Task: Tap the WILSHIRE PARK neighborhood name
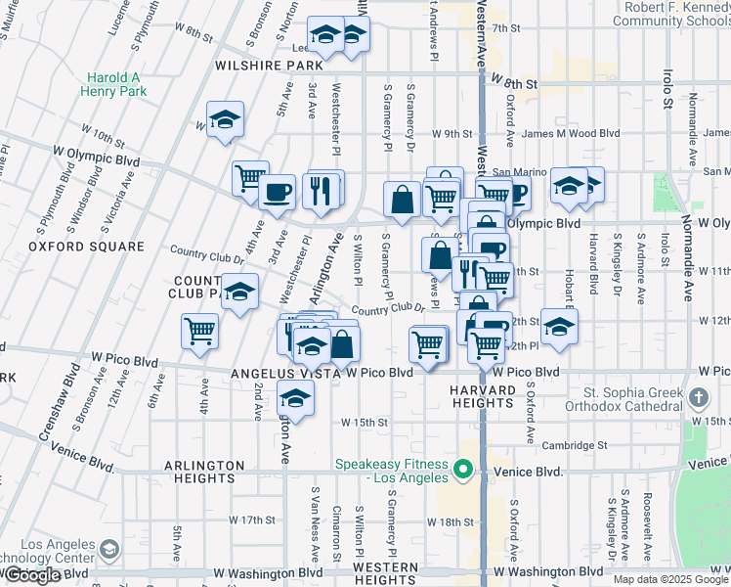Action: coord(276,66)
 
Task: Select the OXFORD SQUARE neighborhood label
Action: coord(73,247)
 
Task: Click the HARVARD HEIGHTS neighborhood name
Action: coord(482,397)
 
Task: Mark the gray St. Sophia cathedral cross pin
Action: coord(697,398)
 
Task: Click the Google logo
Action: coord(32,575)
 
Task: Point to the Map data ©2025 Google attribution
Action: coord(670,579)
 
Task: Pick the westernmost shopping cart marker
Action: coord(199,331)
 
